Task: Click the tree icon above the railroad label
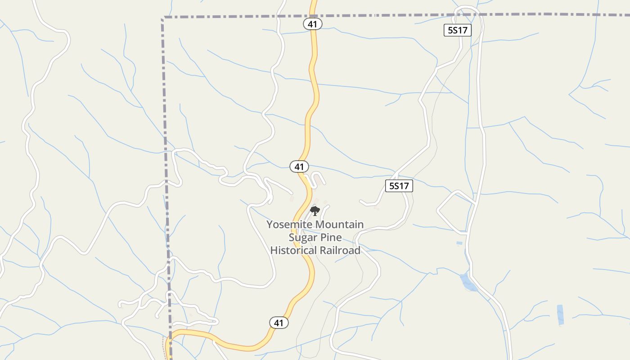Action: coord(315,210)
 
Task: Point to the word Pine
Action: coord(331,237)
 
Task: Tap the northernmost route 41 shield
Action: coord(313,24)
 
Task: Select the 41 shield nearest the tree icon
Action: coord(299,166)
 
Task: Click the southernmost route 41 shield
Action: coord(279,323)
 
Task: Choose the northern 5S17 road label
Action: coord(458,31)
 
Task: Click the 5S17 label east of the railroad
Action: coord(399,186)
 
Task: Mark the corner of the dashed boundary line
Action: coord(163,18)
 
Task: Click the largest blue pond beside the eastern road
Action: coord(468,282)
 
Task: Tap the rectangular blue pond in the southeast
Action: coord(560,314)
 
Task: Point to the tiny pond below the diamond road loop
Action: coord(459,243)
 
